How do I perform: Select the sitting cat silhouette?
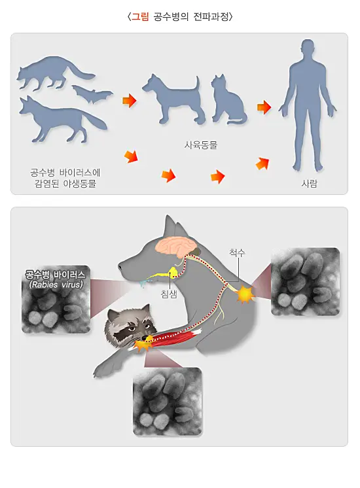coord(226,99)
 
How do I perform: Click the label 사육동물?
coord(200,145)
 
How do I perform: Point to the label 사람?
coord(309,184)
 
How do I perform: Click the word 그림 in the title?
coord(140,17)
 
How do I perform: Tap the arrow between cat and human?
coord(264,107)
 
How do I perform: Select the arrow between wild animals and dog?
coord(129,101)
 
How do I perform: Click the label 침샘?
coord(169,295)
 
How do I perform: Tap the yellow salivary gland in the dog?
coord(173,271)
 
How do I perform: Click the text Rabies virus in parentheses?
coord(56,285)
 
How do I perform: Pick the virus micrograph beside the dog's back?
coord(305,281)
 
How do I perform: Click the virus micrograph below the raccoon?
coord(167,401)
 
